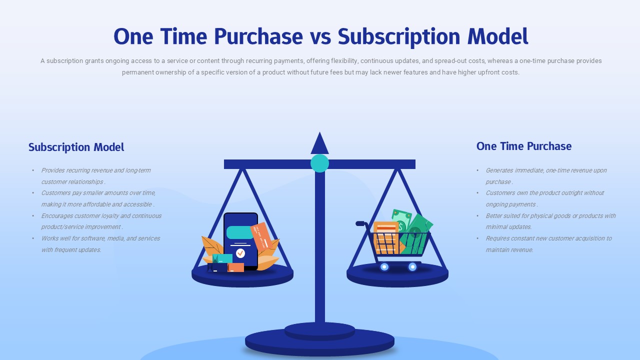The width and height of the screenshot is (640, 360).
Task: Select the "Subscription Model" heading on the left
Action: (x=76, y=147)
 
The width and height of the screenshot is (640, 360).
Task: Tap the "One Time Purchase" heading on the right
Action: (x=523, y=146)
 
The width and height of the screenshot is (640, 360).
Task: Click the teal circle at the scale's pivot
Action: (x=319, y=163)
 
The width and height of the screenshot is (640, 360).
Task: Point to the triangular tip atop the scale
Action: (x=319, y=144)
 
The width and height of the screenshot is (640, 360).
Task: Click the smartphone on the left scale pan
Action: (x=240, y=240)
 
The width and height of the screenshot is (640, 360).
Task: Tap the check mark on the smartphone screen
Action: (x=240, y=253)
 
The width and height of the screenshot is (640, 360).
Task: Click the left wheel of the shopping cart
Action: (x=384, y=267)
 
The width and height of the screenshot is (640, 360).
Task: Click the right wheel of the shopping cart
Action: (x=412, y=267)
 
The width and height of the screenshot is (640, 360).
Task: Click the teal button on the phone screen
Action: (x=239, y=232)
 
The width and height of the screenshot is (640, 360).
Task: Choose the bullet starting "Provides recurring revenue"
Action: (x=96, y=176)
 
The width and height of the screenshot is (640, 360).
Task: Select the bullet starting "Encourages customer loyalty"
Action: (x=101, y=221)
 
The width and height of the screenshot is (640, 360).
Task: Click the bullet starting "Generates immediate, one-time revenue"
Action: (x=546, y=176)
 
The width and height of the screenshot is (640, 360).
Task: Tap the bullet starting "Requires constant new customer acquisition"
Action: (x=548, y=244)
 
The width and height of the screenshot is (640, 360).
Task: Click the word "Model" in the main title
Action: (x=497, y=37)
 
